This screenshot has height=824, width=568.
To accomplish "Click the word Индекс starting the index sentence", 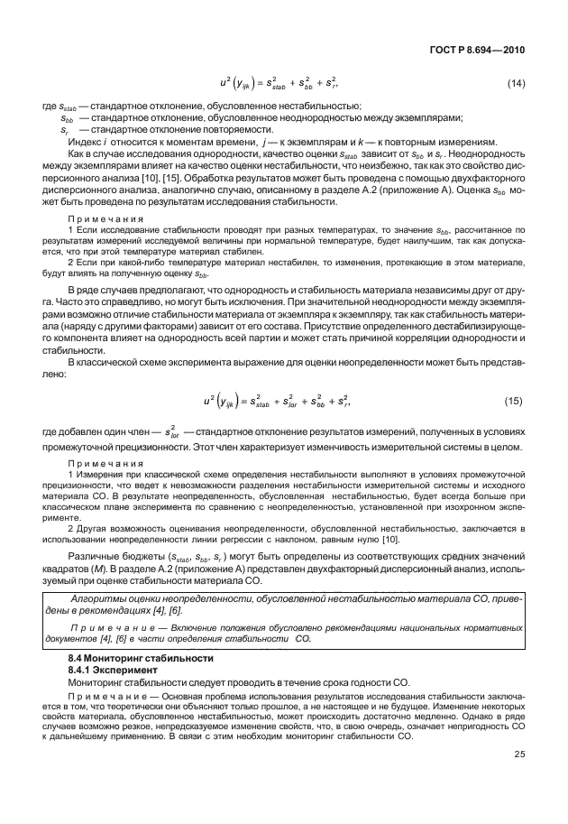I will (83, 141).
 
